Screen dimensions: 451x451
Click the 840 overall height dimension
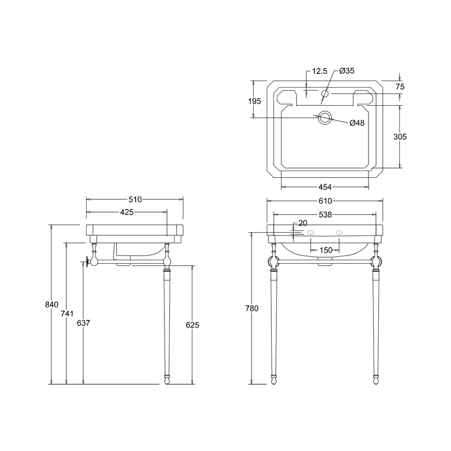[52, 304]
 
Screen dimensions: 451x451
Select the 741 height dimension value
[67, 313]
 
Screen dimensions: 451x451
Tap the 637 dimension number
[84, 323]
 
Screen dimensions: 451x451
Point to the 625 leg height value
[192, 325]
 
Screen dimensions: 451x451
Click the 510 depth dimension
[135, 199]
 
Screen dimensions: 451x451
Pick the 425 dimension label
[127, 212]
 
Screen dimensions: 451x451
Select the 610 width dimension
[325, 201]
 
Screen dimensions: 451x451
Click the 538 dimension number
[325, 215]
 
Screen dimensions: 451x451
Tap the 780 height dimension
[252, 308]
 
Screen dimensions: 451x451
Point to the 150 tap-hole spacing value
[326, 250]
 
